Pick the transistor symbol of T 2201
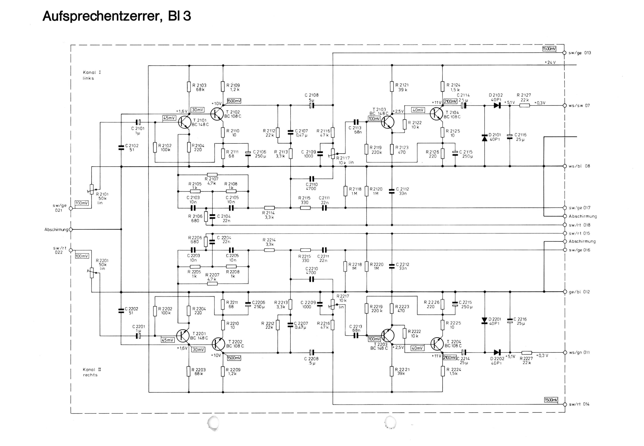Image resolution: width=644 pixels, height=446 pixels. click(x=183, y=335)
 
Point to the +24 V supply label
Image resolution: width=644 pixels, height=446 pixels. click(x=550, y=62)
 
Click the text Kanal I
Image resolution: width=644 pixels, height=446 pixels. click(x=92, y=72)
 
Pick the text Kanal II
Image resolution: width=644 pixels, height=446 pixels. click(x=92, y=369)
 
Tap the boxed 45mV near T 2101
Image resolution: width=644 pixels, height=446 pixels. click(x=169, y=118)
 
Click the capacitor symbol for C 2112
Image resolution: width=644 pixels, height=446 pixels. click(x=392, y=191)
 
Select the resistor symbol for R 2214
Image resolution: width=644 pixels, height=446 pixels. click(x=269, y=250)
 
